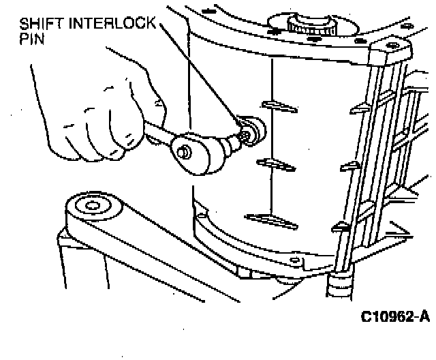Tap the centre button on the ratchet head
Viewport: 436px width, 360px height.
coord(183,154)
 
